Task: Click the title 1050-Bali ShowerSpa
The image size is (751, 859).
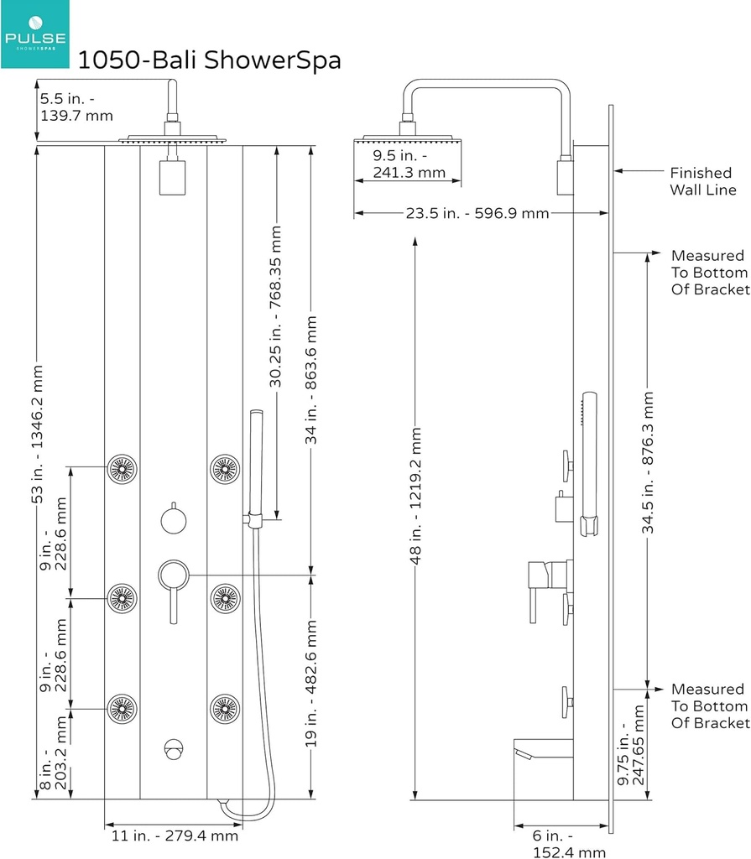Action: [x=209, y=60]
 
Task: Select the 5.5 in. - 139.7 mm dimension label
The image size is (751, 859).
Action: [x=76, y=107]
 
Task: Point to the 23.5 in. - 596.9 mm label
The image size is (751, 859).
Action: [x=476, y=213]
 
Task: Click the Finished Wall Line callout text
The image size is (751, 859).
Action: [x=702, y=181]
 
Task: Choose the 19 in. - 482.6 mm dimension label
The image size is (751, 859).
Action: [x=311, y=683]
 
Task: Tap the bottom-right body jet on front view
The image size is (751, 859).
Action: [x=225, y=709]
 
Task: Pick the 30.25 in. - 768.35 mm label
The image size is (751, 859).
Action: [x=276, y=306]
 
